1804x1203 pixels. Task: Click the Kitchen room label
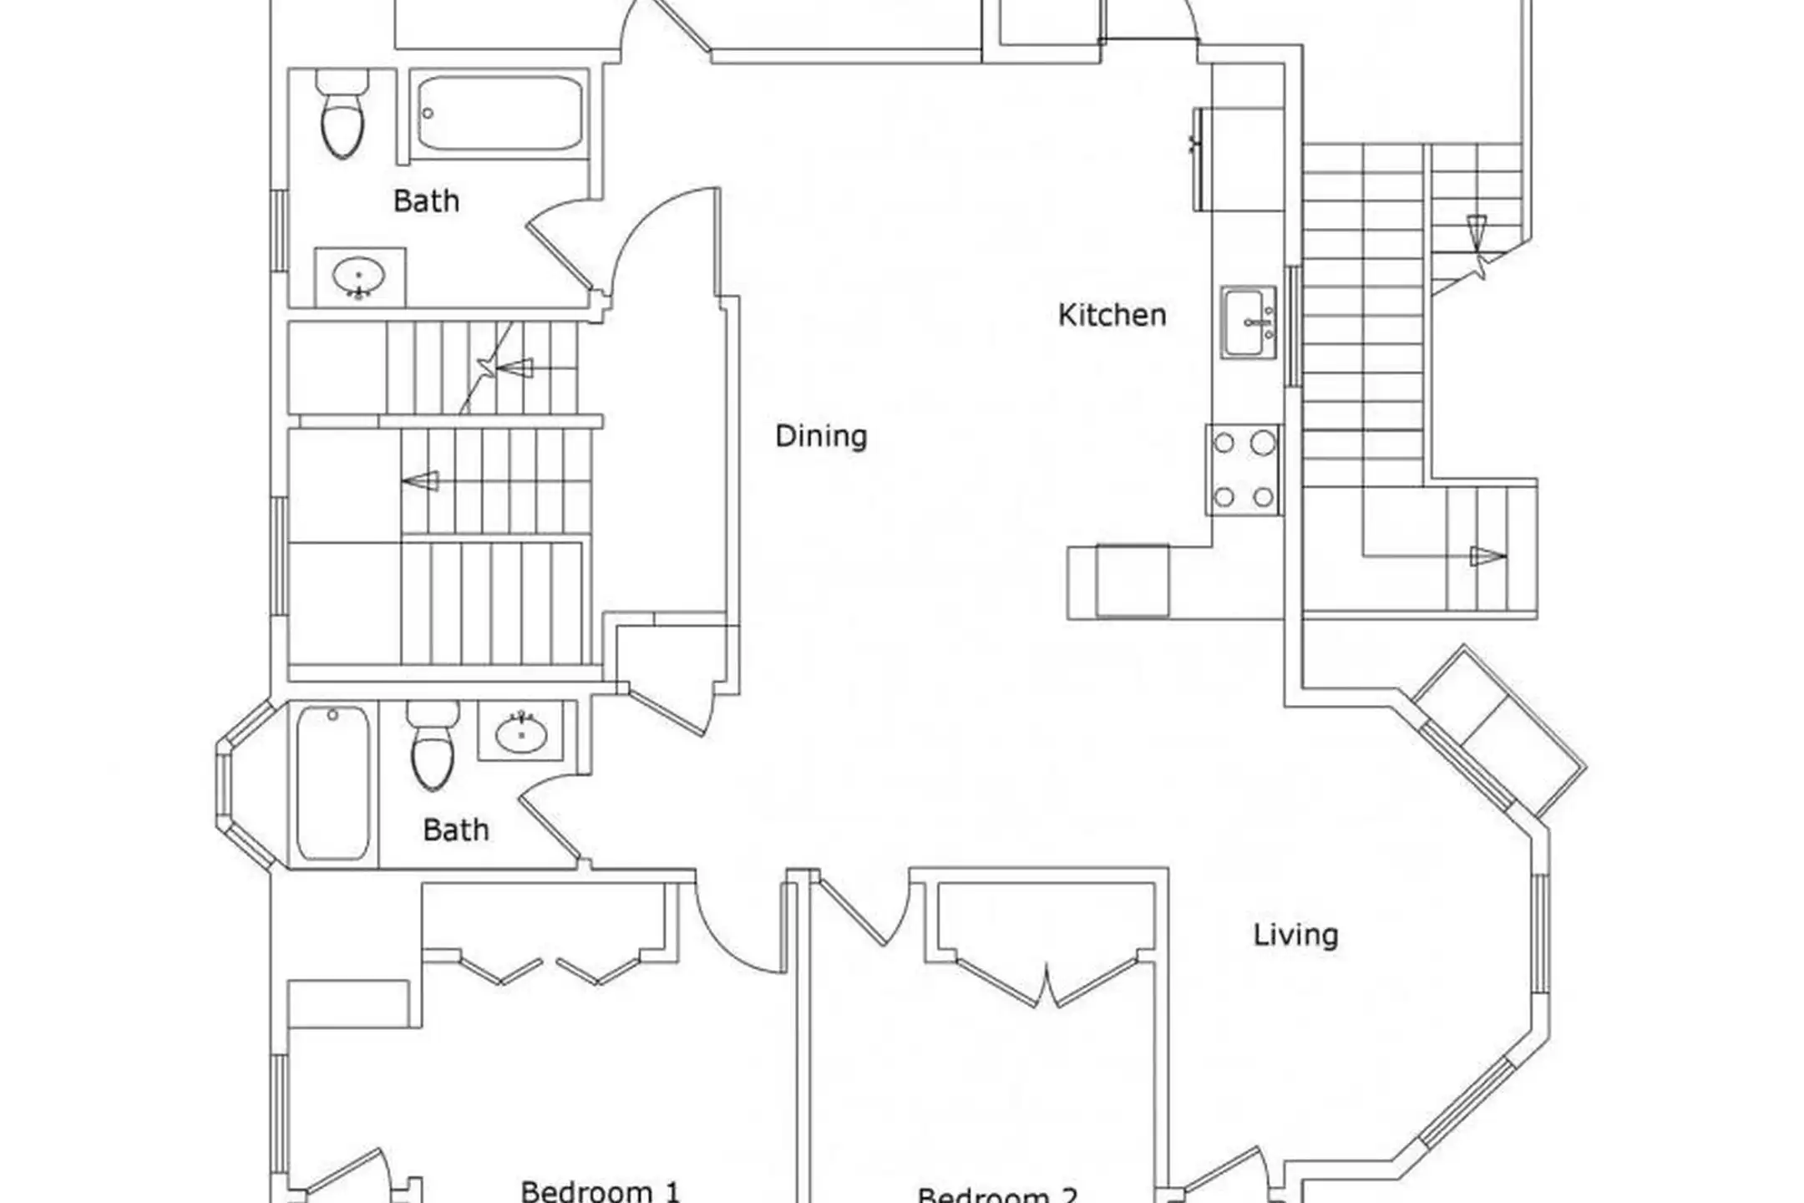tap(1112, 315)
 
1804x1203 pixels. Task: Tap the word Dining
tap(821, 436)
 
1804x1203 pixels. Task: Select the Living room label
tap(1295, 935)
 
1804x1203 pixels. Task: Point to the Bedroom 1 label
tap(600, 1190)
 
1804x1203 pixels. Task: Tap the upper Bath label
tap(426, 201)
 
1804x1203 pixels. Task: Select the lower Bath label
tap(455, 830)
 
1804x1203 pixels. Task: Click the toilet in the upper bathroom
tap(342, 114)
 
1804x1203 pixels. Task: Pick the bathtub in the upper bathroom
tap(499, 114)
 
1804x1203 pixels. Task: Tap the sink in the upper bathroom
tap(359, 277)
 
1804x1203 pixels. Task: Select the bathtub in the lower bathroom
tap(332, 783)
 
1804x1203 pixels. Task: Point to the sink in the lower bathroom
tap(521, 732)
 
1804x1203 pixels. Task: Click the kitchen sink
tap(1249, 322)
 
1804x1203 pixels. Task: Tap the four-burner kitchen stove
tap(1243, 470)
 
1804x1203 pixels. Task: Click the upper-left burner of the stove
tap(1224, 443)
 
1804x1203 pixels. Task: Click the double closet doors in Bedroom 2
tap(1046, 979)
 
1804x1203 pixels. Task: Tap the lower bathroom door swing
tap(553, 819)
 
